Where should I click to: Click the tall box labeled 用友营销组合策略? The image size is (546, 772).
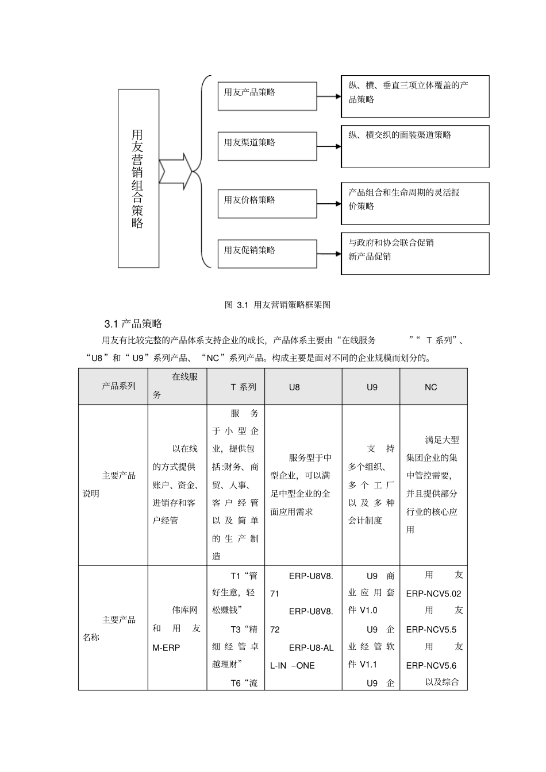[x=138, y=179]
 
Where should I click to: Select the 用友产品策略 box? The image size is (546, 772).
[x=267, y=96]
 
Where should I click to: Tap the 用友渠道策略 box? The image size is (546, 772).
[x=267, y=146]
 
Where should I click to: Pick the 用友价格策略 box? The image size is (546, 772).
[x=267, y=204]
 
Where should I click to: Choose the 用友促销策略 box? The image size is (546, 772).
[x=267, y=254]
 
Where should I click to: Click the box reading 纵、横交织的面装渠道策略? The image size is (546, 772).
[x=414, y=147]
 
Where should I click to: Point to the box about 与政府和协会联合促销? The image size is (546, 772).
[x=414, y=254]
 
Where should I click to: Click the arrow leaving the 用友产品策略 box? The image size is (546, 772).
[x=329, y=96]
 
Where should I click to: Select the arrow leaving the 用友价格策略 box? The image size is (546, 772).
[x=329, y=204]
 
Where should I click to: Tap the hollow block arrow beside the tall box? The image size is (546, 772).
[x=175, y=170]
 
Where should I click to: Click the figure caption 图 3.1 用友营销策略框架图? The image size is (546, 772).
[x=277, y=305]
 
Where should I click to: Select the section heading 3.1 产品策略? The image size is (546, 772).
[x=133, y=324]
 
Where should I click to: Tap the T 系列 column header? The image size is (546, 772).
[x=236, y=387]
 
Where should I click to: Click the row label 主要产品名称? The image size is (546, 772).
[x=113, y=629]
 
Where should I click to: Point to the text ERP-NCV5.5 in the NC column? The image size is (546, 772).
[x=431, y=629]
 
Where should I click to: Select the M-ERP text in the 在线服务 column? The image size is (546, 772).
[x=166, y=647]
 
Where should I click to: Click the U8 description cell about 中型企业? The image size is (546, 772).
[x=303, y=484]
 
